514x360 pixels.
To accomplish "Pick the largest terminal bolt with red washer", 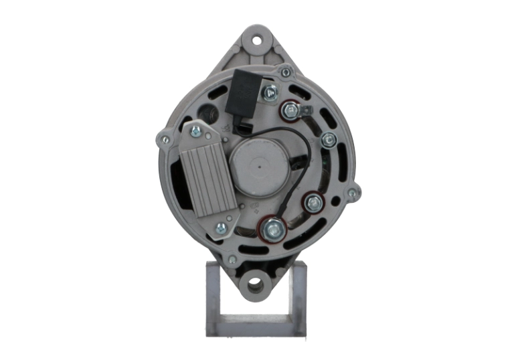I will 272,230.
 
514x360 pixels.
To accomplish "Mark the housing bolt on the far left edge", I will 162,140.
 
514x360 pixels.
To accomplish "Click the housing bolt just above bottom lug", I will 232,260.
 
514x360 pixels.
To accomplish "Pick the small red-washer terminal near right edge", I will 311,201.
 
